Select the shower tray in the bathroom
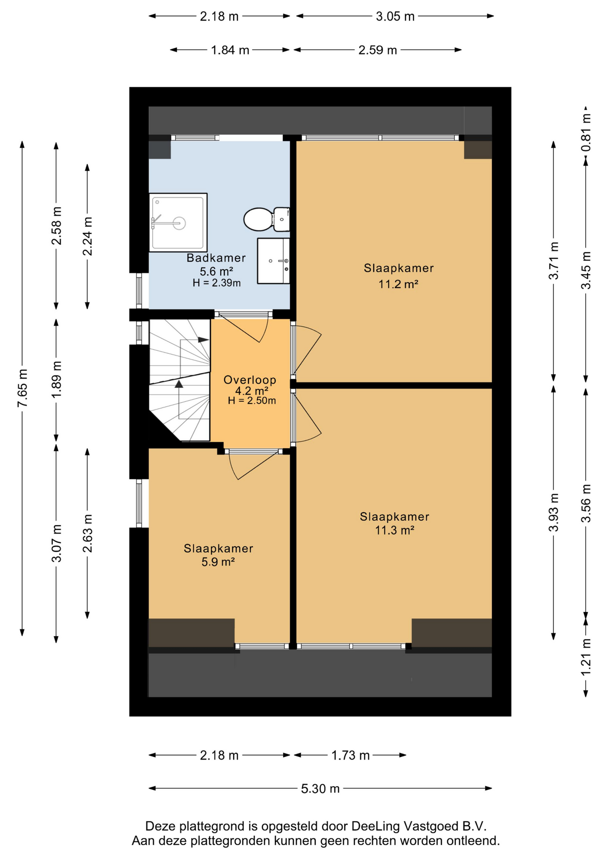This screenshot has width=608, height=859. pyautogui.click(x=178, y=222)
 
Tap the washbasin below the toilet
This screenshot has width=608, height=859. pyautogui.click(x=274, y=261)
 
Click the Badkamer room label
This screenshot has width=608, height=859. pyautogui.click(x=216, y=258)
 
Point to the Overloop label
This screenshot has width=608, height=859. pyautogui.click(x=250, y=380)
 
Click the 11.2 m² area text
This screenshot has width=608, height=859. pyautogui.click(x=398, y=284)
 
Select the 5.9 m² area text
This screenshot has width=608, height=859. pyautogui.click(x=218, y=562)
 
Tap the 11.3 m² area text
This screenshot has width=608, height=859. pyautogui.click(x=394, y=531)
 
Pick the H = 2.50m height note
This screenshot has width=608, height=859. pyautogui.click(x=252, y=401)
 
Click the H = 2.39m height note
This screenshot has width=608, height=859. pyautogui.click(x=217, y=283)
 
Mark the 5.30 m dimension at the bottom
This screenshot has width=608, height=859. pyautogui.click(x=320, y=788)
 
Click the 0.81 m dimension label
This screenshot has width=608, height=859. pyautogui.click(x=586, y=132)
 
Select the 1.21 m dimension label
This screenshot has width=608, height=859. pyautogui.click(x=586, y=657)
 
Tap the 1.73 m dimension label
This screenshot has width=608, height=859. pyautogui.click(x=351, y=756)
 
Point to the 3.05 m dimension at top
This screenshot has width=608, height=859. pyautogui.click(x=395, y=17)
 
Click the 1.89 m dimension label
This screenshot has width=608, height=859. pyautogui.click(x=56, y=379)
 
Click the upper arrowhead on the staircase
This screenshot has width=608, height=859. pyautogui.click(x=203, y=340)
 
